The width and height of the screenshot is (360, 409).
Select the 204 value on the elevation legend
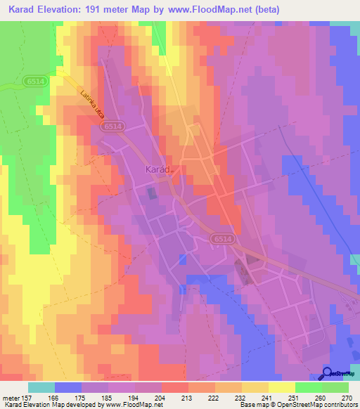pos(161,397)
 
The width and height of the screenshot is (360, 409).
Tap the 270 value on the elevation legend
pos(347,397)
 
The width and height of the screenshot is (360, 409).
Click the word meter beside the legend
pos(11,397)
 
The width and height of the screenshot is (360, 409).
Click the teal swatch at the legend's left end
pos(41,387)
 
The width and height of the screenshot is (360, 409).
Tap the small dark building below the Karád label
pos(151,192)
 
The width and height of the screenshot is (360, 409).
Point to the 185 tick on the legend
pos(108,397)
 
